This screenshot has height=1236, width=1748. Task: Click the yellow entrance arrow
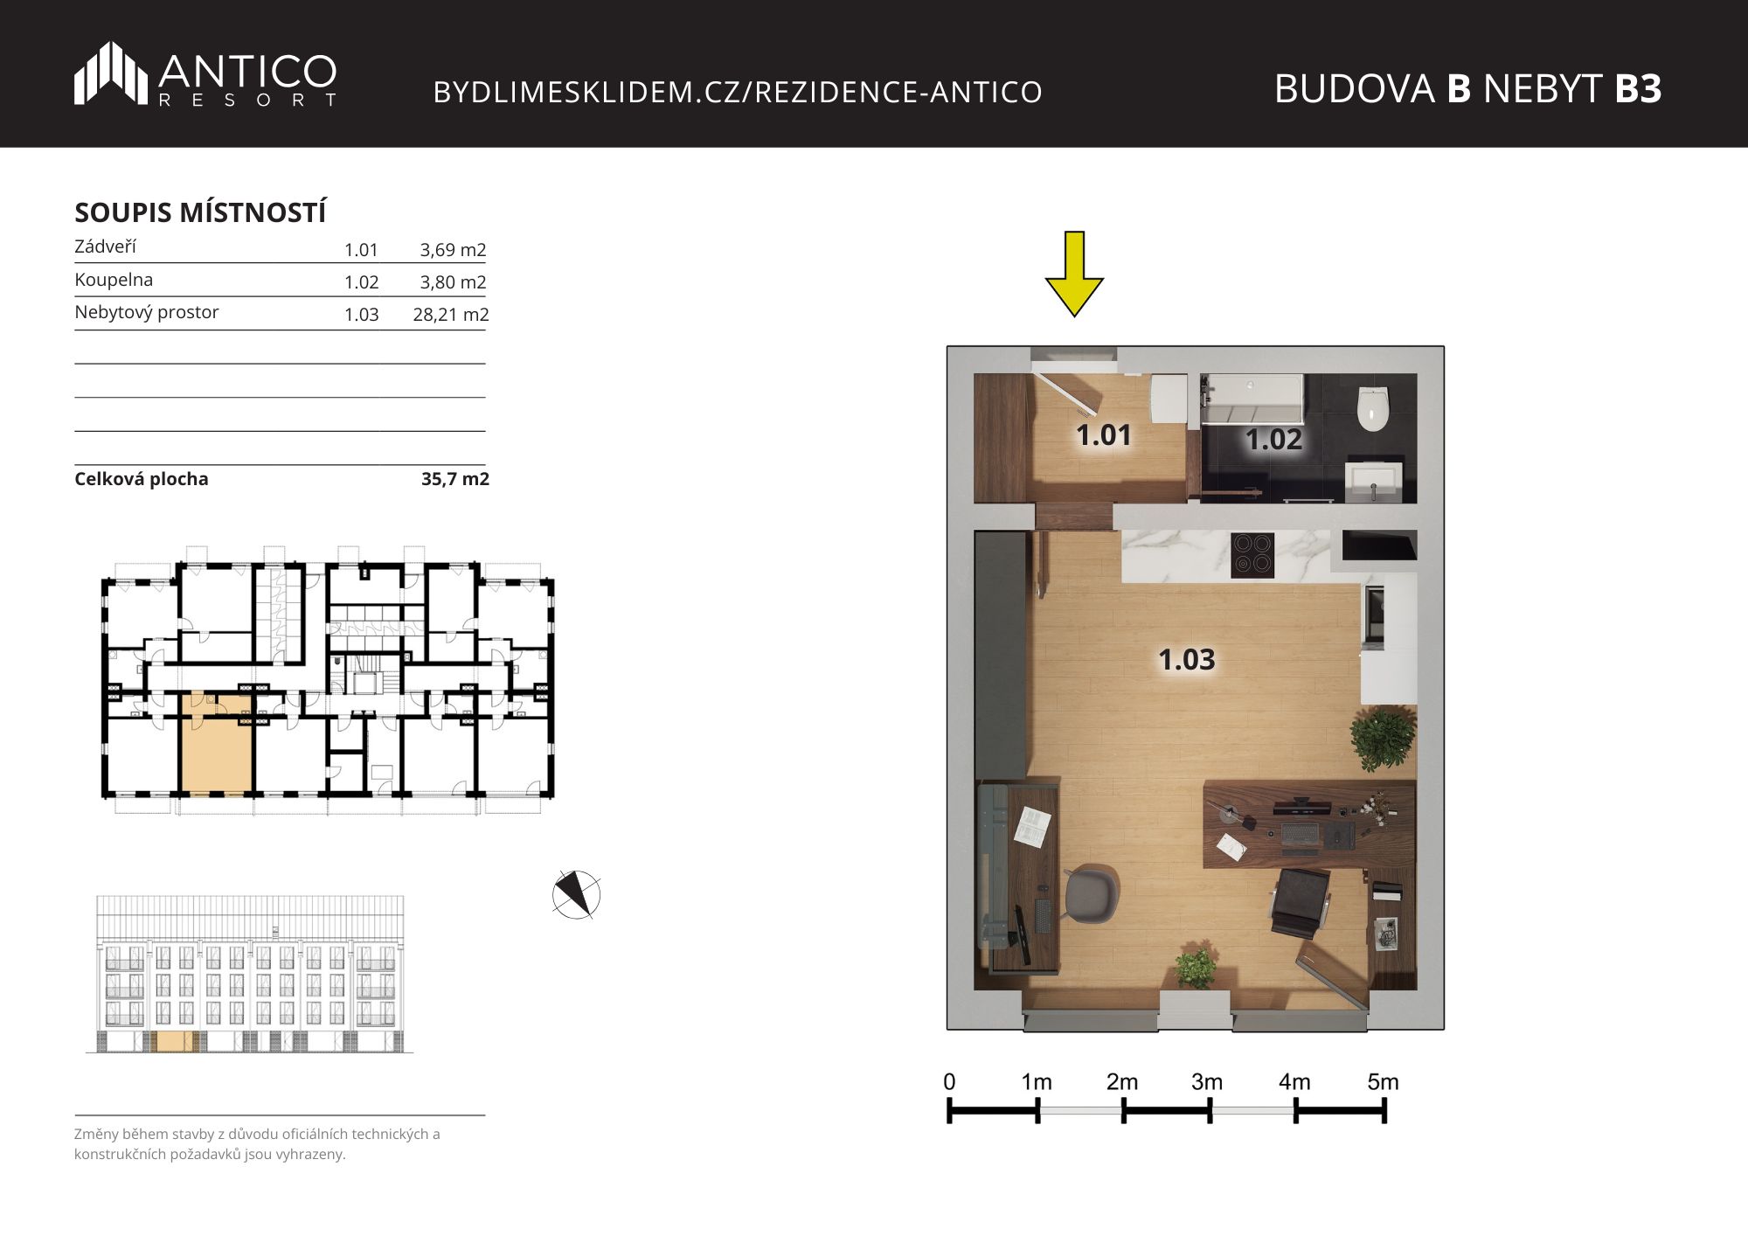point(1074,274)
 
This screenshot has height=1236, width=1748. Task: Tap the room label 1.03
point(1186,659)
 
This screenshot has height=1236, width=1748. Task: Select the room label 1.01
point(1103,434)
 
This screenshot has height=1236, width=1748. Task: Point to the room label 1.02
point(1273,439)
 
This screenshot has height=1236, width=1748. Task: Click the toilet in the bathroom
point(1373,408)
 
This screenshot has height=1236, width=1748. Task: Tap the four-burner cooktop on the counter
point(1252,555)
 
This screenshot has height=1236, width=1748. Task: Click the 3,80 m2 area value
point(453,281)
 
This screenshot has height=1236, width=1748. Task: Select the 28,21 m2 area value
point(450,314)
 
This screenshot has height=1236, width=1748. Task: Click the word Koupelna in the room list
point(114,280)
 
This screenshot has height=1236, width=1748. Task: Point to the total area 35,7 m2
point(454,479)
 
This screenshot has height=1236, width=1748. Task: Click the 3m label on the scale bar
point(1207,1082)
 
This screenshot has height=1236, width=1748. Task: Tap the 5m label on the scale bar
point(1383,1082)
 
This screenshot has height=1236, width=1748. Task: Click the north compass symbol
point(577,895)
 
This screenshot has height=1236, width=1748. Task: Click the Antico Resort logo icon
point(110,73)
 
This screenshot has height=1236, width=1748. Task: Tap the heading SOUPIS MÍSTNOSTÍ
point(200,212)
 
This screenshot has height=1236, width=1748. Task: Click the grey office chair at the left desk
point(1092,894)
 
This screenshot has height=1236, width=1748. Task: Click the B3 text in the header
point(1638,88)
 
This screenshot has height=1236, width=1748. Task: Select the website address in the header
point(738,92)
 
